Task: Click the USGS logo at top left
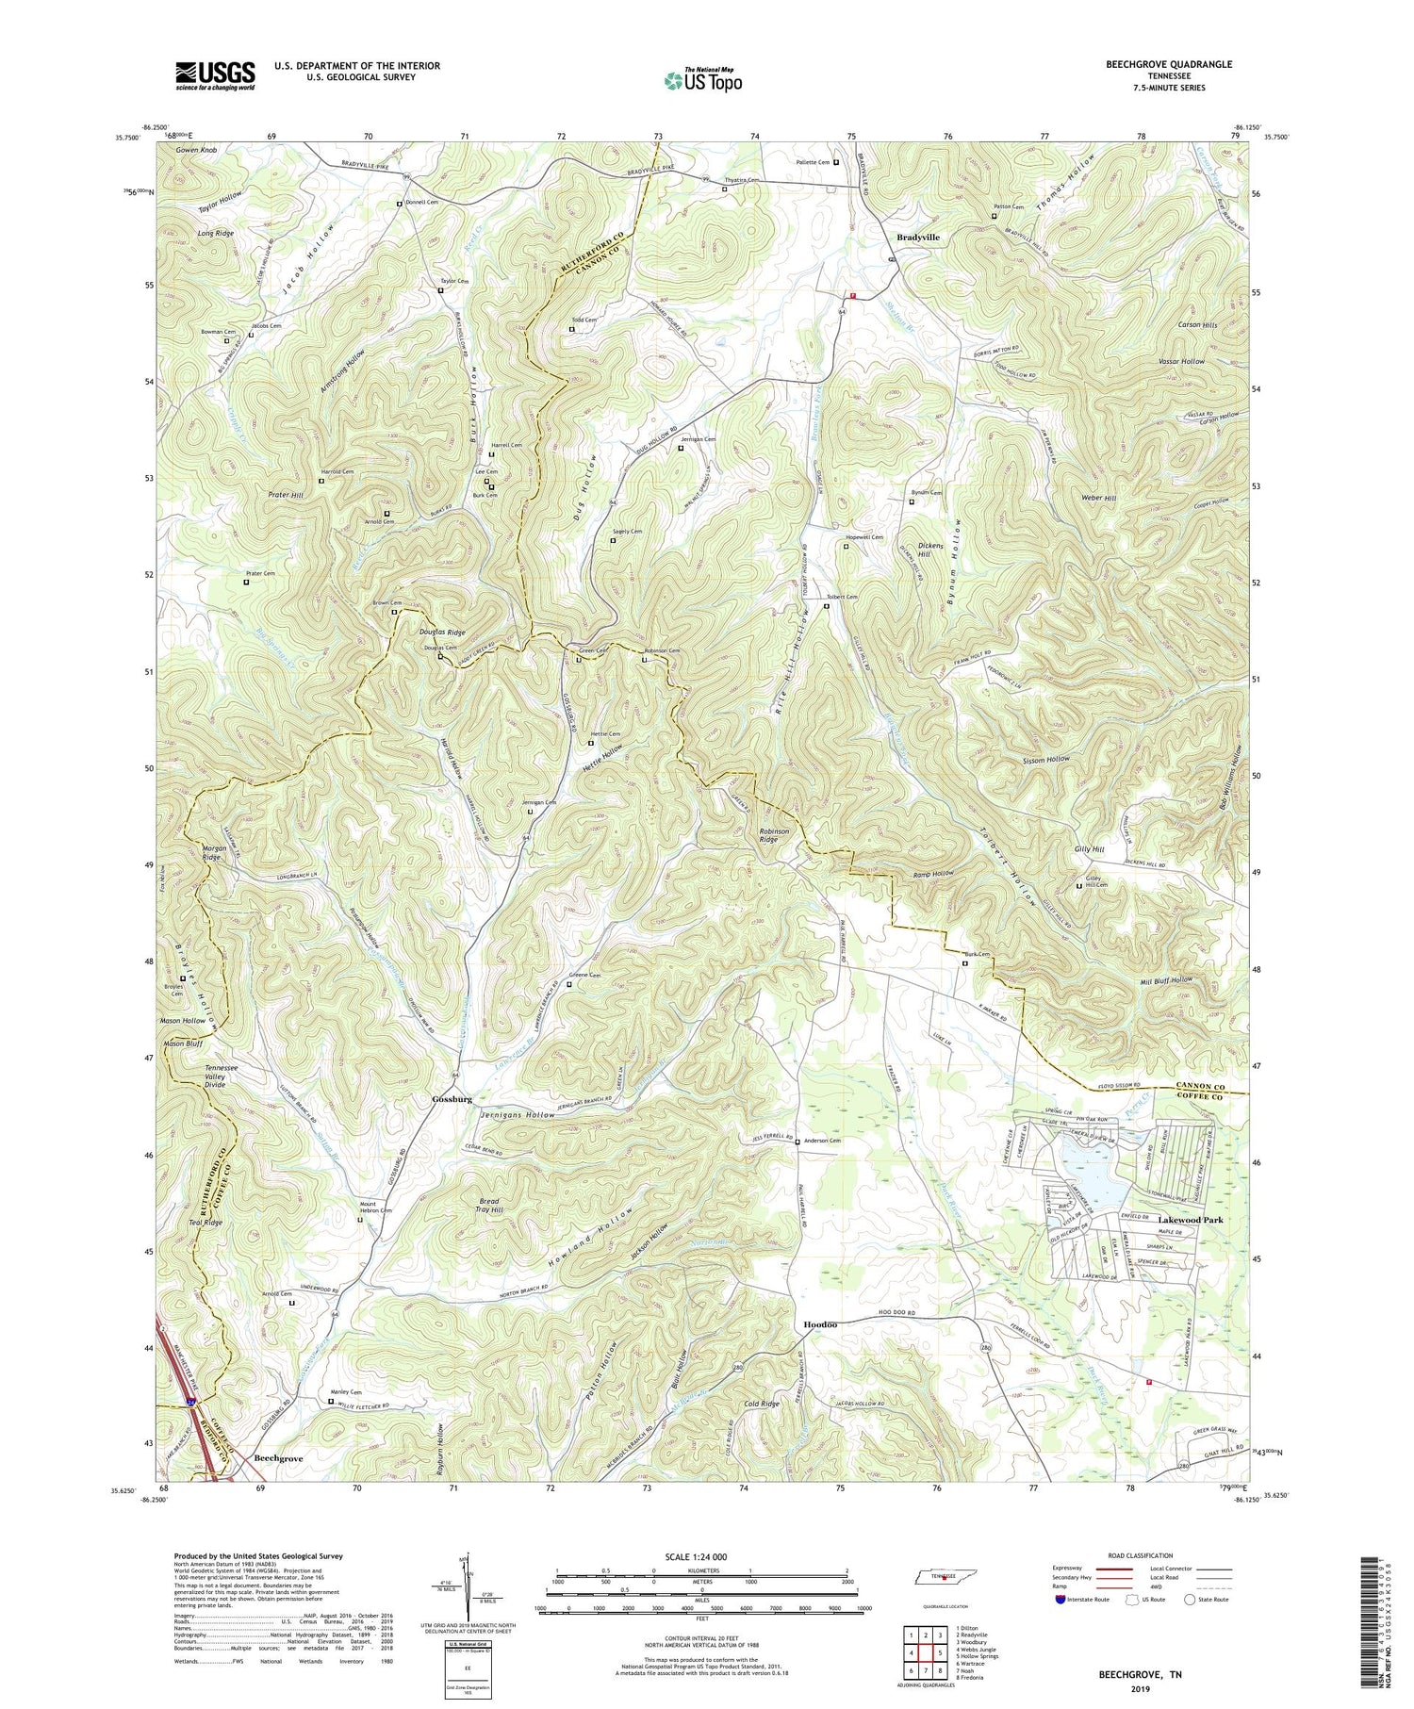[x=215, y=75]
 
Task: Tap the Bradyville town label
[x=917, y=238]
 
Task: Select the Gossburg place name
[x=451, y=1099]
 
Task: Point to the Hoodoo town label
[x=820, y=1323]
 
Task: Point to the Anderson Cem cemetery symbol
[x=797, y=1142]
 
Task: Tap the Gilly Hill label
[x=1089, y=849]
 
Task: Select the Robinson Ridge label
[x=781, y=838]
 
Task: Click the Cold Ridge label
[x=762, y=1405]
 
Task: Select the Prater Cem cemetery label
[x=260, y=573]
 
